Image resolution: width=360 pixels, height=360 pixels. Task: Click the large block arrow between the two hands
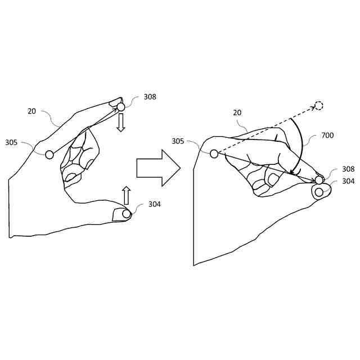pyautogui.click(x=158, y=168)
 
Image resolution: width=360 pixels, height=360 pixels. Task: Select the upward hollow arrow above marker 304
pyautogui.click(x=126, y=195)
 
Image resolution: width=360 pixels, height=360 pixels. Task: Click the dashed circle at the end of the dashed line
pyautogui.click(x=318, y=105)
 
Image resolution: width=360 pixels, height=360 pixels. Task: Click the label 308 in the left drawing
pyautogui.click(x=150, y=97)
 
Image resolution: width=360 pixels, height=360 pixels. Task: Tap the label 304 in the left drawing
pyautogui.click(x=155, y=204)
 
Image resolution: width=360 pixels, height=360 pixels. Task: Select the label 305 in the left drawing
pyautogui.click(x=12, y=143)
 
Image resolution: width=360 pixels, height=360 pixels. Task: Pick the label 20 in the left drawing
pyautogui.click(x=32, y=111)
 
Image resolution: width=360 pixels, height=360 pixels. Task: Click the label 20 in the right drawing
pyautogui.click(x=237, y=112)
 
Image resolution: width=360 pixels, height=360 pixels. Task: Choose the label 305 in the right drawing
pyautogui.click(x=178, y=141)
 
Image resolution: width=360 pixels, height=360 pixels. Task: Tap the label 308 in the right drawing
pyautogui.click(x=348, y=169)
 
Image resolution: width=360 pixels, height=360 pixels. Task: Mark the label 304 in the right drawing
pyautogui.click(x=348, y=181)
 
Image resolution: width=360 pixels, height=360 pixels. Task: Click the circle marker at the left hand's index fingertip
pyautogui.click(x=120, y=106)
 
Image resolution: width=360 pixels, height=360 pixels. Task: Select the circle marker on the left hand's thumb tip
pyautogui.click(x=126, y=214)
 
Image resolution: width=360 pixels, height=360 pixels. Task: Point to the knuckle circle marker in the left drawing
pyautogui.click(x=49, y=154)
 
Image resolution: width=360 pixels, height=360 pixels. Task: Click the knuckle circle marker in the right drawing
pyautogui.click(x=214, y=154)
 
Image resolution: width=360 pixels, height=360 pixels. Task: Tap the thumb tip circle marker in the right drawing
pyautogui.click(x=319, y=192)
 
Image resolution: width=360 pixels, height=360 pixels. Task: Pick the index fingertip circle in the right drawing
pyautogui.click(x=319, y=180)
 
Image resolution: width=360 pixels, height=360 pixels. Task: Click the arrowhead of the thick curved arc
pyautogui.click(x=291, y=171)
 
